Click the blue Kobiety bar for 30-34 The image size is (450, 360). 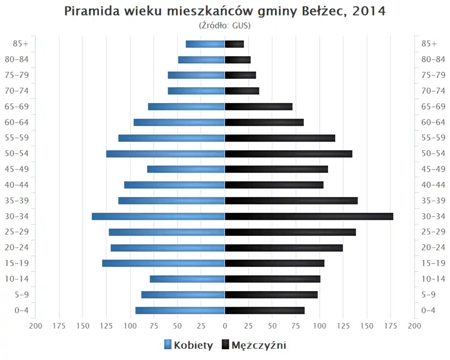point(158,217)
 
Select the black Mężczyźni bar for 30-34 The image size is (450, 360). point(309,217)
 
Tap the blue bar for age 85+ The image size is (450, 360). point(205,44)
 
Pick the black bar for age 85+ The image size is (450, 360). point(234,44)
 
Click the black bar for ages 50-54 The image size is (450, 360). point(288,154)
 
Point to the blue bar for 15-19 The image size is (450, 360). point(164,263)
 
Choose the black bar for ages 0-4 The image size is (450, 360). point(264,310)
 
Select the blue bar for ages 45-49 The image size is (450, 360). point(186,169)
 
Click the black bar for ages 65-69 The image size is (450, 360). point(258,107)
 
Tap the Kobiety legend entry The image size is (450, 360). point(188,345)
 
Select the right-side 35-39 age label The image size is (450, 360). point(433,201)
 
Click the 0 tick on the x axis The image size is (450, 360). point(225,326)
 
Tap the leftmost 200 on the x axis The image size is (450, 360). point(36,326)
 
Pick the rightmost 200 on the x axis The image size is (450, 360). point(414,326)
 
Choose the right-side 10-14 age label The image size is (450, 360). point(433,279)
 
